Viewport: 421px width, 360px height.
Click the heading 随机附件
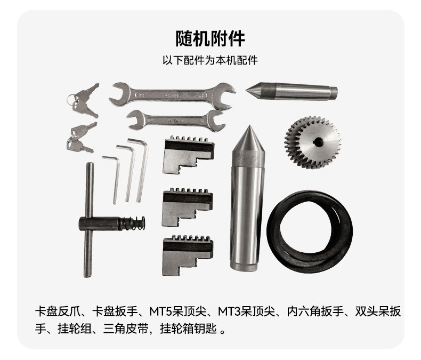pyautogui.click(x=210, y=38)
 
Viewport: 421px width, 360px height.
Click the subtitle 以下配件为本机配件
pyautogui.click(x=210, y=60)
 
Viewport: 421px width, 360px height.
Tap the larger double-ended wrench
pyautogui.click(x=172, y=95)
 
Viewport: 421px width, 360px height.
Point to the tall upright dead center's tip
pyautogui.click(x=248, y=129)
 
